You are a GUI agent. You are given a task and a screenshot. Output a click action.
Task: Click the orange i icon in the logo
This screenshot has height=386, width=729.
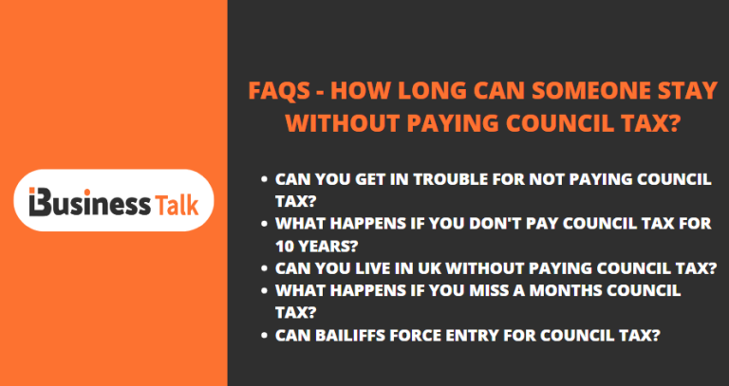(38, 203)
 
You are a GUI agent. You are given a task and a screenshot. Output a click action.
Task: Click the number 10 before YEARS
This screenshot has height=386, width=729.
(285, 246)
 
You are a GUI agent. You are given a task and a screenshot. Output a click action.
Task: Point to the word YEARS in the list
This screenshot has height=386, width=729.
(329, 246)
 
